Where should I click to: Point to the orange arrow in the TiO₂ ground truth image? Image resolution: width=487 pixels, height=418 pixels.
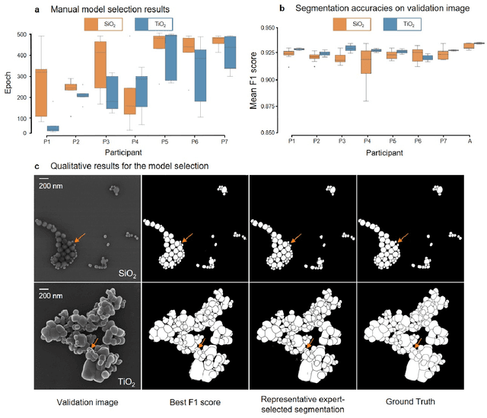[x=417, y=344]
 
